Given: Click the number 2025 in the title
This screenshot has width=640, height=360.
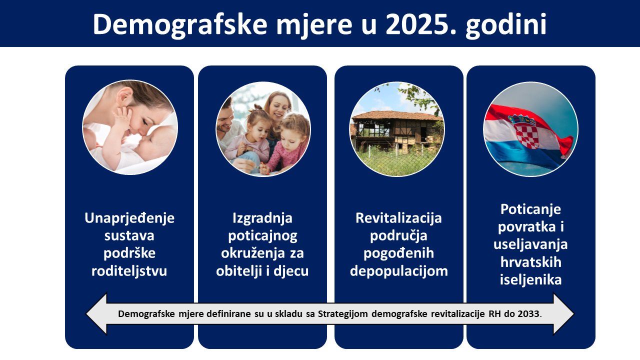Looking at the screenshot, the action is [421, 24].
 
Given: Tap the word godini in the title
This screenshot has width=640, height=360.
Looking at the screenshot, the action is [506, 25].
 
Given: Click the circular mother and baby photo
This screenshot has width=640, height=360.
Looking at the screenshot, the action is [130, 127].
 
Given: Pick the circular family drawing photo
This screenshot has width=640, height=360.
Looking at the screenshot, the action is [263, 129].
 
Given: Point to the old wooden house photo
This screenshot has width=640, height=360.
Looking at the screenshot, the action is [397, 129].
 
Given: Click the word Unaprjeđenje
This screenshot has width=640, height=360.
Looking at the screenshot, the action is [129, 218].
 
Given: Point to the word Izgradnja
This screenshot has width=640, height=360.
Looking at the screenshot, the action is [262, 218].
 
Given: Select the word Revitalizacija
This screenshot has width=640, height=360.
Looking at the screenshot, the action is [398, 218].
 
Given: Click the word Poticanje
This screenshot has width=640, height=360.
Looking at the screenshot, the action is [530, 209].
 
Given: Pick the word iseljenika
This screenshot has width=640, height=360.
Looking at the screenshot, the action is [530, 279].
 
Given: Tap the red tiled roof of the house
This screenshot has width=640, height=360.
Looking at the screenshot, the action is [397, 115].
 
